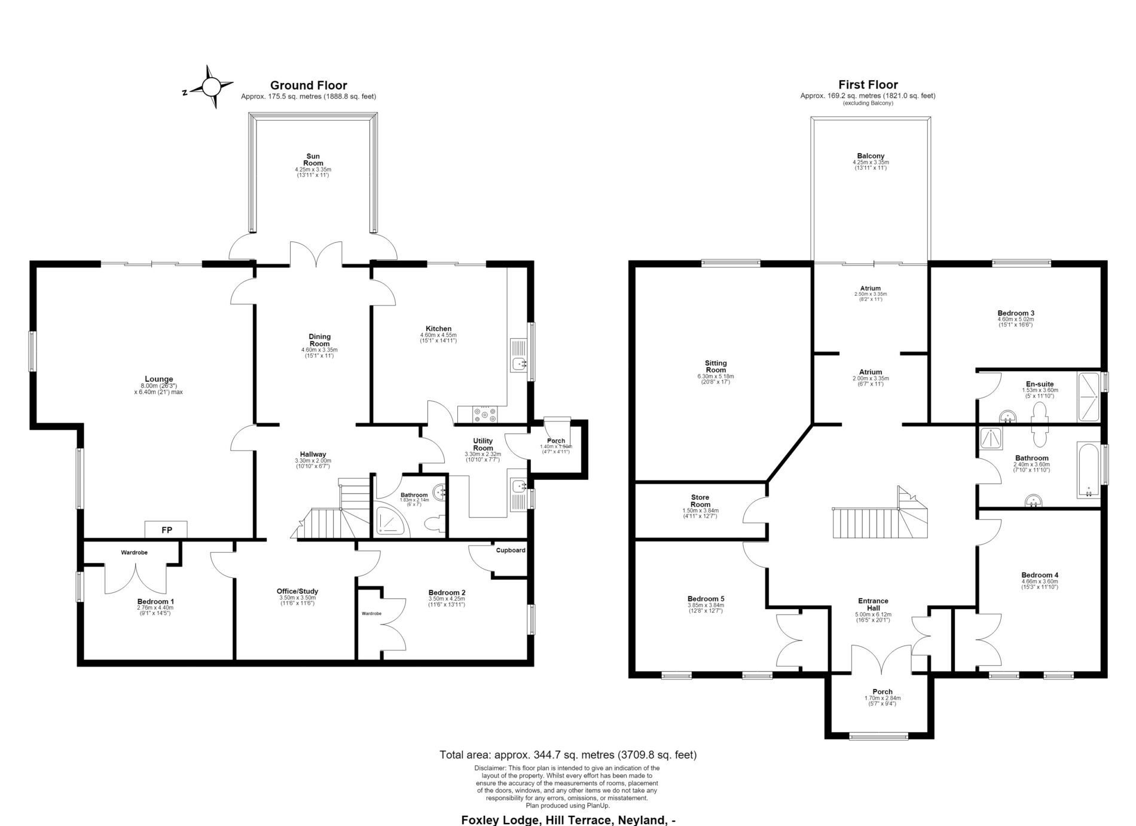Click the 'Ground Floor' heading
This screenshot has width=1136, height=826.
click(309, 85)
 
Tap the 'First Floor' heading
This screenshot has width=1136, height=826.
click(868, 85)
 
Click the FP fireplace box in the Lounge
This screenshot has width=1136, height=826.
click(166, 530)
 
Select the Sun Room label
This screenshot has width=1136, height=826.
click(313, 160)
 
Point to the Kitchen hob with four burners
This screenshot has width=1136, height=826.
click(485, 414)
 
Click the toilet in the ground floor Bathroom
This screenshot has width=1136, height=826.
click(435, 524)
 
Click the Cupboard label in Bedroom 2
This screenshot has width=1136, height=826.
click(510, 550)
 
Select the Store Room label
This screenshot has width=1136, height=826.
click(700, 501)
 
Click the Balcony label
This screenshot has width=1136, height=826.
click(871, 156)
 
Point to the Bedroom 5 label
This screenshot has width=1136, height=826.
click(706, 599)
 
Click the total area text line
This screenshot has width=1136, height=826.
click(568, 755)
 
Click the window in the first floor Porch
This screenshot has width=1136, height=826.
click(879, 736)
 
